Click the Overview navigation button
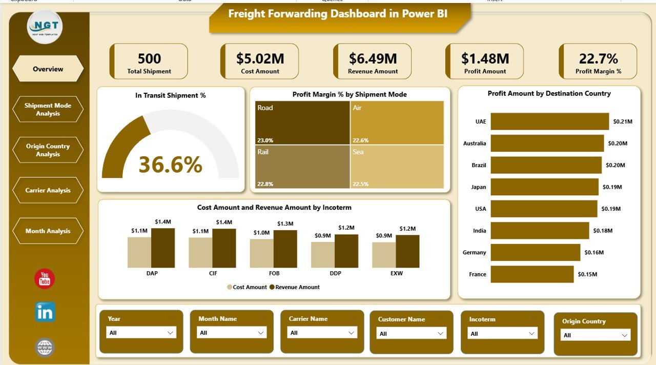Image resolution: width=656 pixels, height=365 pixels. tap(48, 69)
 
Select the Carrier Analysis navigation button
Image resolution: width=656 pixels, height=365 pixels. tap(48, 190)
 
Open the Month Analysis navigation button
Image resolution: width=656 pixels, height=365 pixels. tap(48, 231)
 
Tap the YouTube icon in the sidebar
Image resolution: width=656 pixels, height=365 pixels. tap(45, 279)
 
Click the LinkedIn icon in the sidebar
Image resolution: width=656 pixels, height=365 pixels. tap(45, 312)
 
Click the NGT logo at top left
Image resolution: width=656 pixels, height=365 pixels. tap(45, 27)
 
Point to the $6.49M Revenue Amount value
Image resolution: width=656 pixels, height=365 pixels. tap(373, 58)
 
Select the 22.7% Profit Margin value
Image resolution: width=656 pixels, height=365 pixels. tap(598, 58)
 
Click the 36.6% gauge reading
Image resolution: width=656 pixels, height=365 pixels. tap(170, 165)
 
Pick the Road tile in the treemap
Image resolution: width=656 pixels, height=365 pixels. tap(302, 123)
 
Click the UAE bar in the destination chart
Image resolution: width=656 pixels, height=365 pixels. tap(549, 121)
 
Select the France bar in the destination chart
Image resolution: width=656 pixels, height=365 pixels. tap(532, 274)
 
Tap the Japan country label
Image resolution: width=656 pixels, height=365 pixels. tap(478, 187)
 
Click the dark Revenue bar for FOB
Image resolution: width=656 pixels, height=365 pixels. tap(285, 249)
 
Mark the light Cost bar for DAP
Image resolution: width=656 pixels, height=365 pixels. tap(139, 252)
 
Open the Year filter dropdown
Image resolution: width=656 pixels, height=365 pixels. tap(141, 333)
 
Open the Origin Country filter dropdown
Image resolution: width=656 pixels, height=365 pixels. tap(595, 335)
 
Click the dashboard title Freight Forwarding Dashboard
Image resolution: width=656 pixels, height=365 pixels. tap(338, 14)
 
